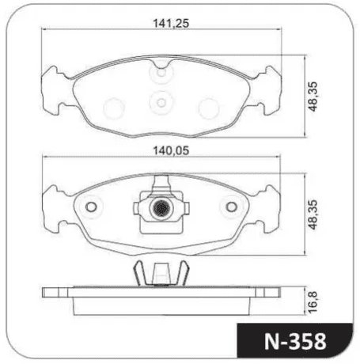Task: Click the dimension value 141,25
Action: click(171, 24)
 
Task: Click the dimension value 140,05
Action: click(171, 151)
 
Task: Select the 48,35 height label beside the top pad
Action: click(313, 97)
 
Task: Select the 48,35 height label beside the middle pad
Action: click(313, 214)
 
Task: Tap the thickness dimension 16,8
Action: click(313, 302)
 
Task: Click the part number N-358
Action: click(295, 342)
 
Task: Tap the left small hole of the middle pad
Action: click(91, 207)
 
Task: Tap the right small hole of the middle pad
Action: click(232, 207)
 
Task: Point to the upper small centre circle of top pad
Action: click(161, 73)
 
